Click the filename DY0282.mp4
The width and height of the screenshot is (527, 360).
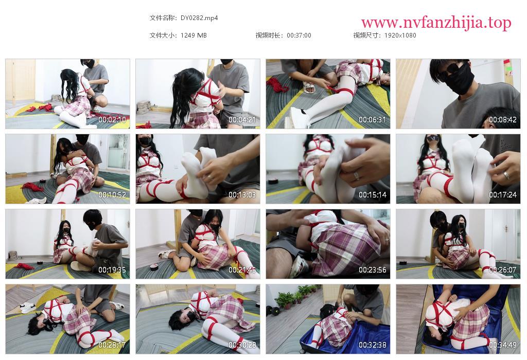click(199, 18)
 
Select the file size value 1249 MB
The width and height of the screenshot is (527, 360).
click(194, 35)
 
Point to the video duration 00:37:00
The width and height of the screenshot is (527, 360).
click(299, 35)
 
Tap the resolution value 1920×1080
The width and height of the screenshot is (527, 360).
click(400, 35)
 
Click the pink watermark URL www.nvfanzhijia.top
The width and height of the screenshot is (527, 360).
click(436, 23)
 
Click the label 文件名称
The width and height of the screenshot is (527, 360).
click(162, 18)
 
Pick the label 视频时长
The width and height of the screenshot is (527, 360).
click(268, 35)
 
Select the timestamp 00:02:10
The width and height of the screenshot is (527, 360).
click(112, 119)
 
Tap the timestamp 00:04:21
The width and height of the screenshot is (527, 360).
click(242, 119)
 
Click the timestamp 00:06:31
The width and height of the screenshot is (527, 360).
click(373, 119)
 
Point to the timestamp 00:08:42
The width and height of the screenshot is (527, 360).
click(502, 119)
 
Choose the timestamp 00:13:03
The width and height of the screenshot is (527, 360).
click(242, 195)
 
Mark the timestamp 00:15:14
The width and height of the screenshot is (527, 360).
click(373, 195)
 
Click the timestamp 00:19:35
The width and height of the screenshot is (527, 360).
click(112, 270)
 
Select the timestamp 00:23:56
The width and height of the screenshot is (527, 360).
click(373, 270)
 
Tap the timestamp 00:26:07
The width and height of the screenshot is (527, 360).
click(502, 270)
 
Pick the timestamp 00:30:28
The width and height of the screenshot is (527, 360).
click(242, 345)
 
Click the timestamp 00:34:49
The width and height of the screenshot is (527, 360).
click(502, 345)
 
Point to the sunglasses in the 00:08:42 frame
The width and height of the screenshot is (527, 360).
click(452, 70)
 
